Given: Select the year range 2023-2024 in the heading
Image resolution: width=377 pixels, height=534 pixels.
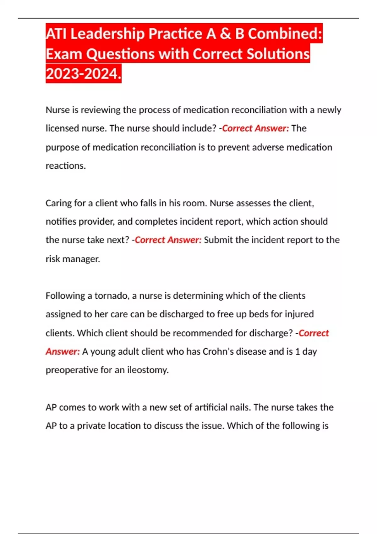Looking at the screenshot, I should pos(83,74).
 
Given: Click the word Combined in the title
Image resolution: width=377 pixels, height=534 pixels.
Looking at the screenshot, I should pos(285,34).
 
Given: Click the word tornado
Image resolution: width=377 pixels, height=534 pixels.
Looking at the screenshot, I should pos(112,296).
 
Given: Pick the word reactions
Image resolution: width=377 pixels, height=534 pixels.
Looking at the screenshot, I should pos(66,166).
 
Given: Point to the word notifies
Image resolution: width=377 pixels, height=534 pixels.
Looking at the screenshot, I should pos(61,222).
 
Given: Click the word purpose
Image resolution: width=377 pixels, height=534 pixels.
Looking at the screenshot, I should pos(62,147).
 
